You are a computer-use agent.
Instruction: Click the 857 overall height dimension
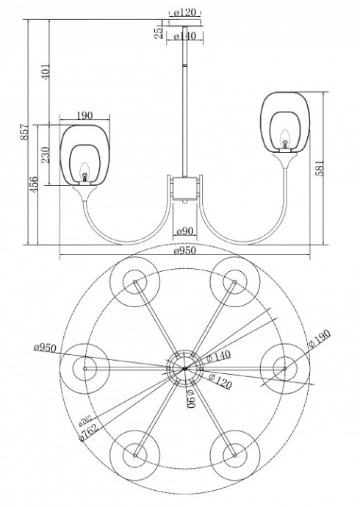click(x=24, y=132)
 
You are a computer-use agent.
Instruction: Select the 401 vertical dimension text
click(x=48, y=73)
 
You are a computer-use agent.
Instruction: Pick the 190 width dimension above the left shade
click(x=84, y=115)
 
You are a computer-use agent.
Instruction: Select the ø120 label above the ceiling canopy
click(x=184, y=12)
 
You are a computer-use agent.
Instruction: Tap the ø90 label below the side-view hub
click(x=184, y=232)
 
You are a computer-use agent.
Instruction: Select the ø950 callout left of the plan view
click(x=46, y=347)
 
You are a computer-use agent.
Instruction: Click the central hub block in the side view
click(x=184, y=187)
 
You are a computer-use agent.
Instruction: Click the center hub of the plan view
click(x=184, y=367)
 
